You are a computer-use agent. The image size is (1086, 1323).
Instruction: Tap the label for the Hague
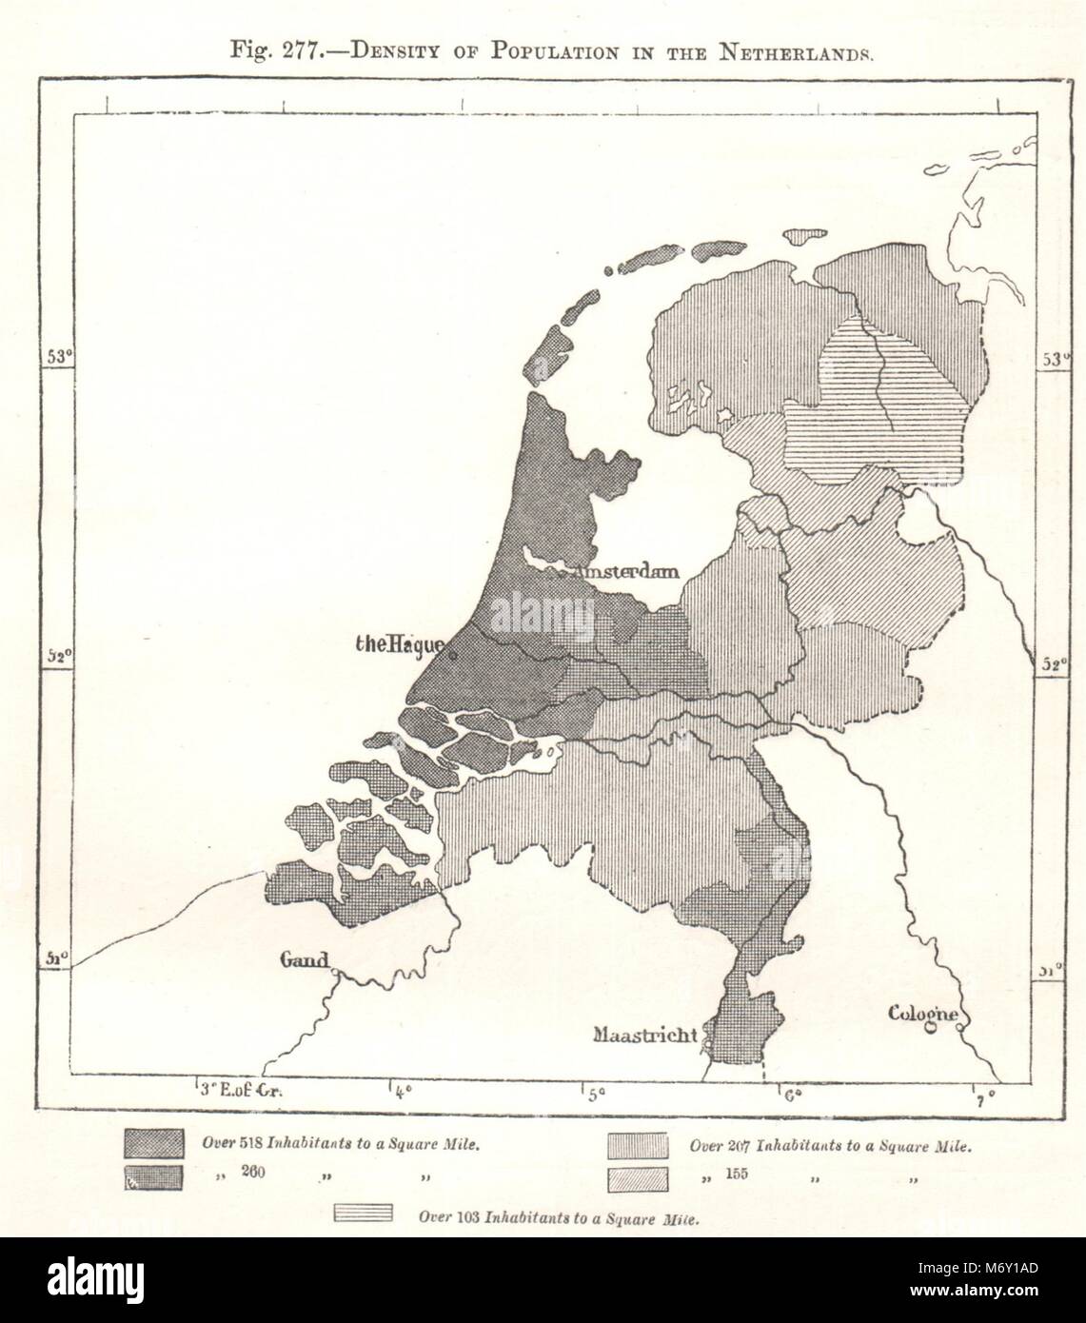[x=398, y=645]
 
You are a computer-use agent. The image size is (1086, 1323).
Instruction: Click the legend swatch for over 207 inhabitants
[x=637, y=1145]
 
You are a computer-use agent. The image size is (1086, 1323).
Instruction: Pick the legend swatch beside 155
[x=637, y=1178]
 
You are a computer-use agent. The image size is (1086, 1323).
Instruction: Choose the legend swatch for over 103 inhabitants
[x=364, y=1214]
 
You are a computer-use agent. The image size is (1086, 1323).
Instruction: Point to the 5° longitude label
[x=596, y=1095]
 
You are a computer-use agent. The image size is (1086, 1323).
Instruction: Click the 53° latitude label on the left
[x=59, y=357]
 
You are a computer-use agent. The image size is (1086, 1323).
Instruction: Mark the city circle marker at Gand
[x=335, y=971]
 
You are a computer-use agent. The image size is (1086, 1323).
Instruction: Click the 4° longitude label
[x=403, y=1090]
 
